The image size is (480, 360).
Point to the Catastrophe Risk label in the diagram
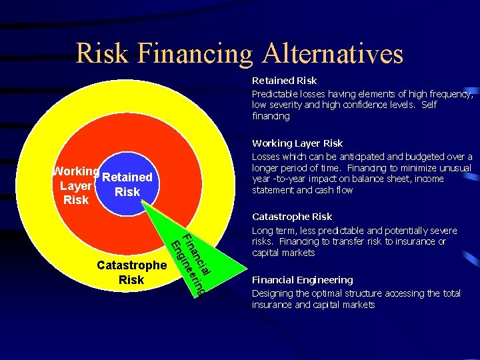click(x=131, y=272)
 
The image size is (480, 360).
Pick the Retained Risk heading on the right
click(x=284, y=81)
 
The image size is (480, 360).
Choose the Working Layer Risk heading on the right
click(x=297, y=143)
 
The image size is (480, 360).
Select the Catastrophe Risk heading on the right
click(x=291, y=216)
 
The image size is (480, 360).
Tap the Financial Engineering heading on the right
click(x=302, y=279)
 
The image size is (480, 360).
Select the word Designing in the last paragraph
click(x=271, y=293)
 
